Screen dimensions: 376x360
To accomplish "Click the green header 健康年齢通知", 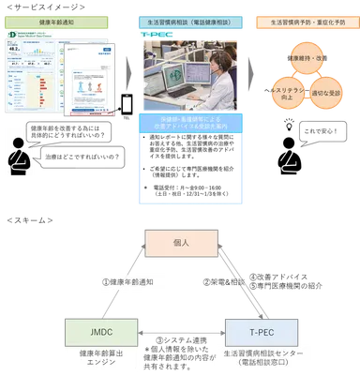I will pyautogui.click(x=61, y=21).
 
